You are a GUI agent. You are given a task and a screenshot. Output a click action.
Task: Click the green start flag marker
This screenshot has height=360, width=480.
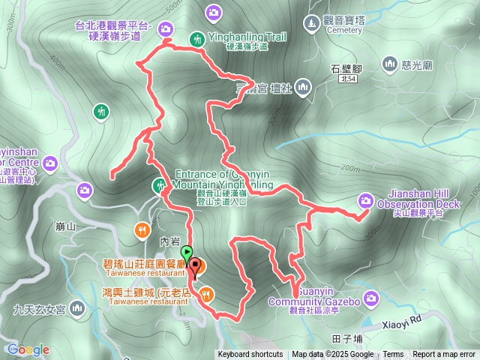click(187, 253)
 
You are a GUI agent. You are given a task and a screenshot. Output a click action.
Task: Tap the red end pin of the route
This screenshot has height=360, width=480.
click(196, 265)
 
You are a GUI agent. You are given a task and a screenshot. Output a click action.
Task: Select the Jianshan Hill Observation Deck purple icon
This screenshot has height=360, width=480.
click(366, 199)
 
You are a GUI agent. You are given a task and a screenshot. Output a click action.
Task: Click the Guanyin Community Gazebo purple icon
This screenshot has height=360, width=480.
click(374, 301)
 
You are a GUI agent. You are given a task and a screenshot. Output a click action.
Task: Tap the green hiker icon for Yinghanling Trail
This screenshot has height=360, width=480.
click(197, 38)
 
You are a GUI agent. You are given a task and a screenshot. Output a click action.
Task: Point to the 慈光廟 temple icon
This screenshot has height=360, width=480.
click(389, 65)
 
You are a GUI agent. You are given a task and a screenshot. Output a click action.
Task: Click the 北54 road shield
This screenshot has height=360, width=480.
click(347, 79)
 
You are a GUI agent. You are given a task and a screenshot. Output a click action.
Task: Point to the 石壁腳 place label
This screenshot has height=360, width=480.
click(347, 68)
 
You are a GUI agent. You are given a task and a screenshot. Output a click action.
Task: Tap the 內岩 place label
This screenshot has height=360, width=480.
click(170, 241)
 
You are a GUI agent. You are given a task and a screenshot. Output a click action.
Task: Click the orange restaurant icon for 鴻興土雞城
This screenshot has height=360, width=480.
click(207, 294)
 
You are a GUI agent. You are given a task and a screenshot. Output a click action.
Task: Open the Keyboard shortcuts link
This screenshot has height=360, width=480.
click(250, 355)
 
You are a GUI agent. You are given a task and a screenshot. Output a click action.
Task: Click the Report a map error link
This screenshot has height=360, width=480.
click(445, 355)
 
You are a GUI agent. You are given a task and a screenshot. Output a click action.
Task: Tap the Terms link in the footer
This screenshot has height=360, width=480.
click(393, 355)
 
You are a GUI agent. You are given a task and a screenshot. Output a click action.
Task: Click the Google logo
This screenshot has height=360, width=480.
click(28, 349)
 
